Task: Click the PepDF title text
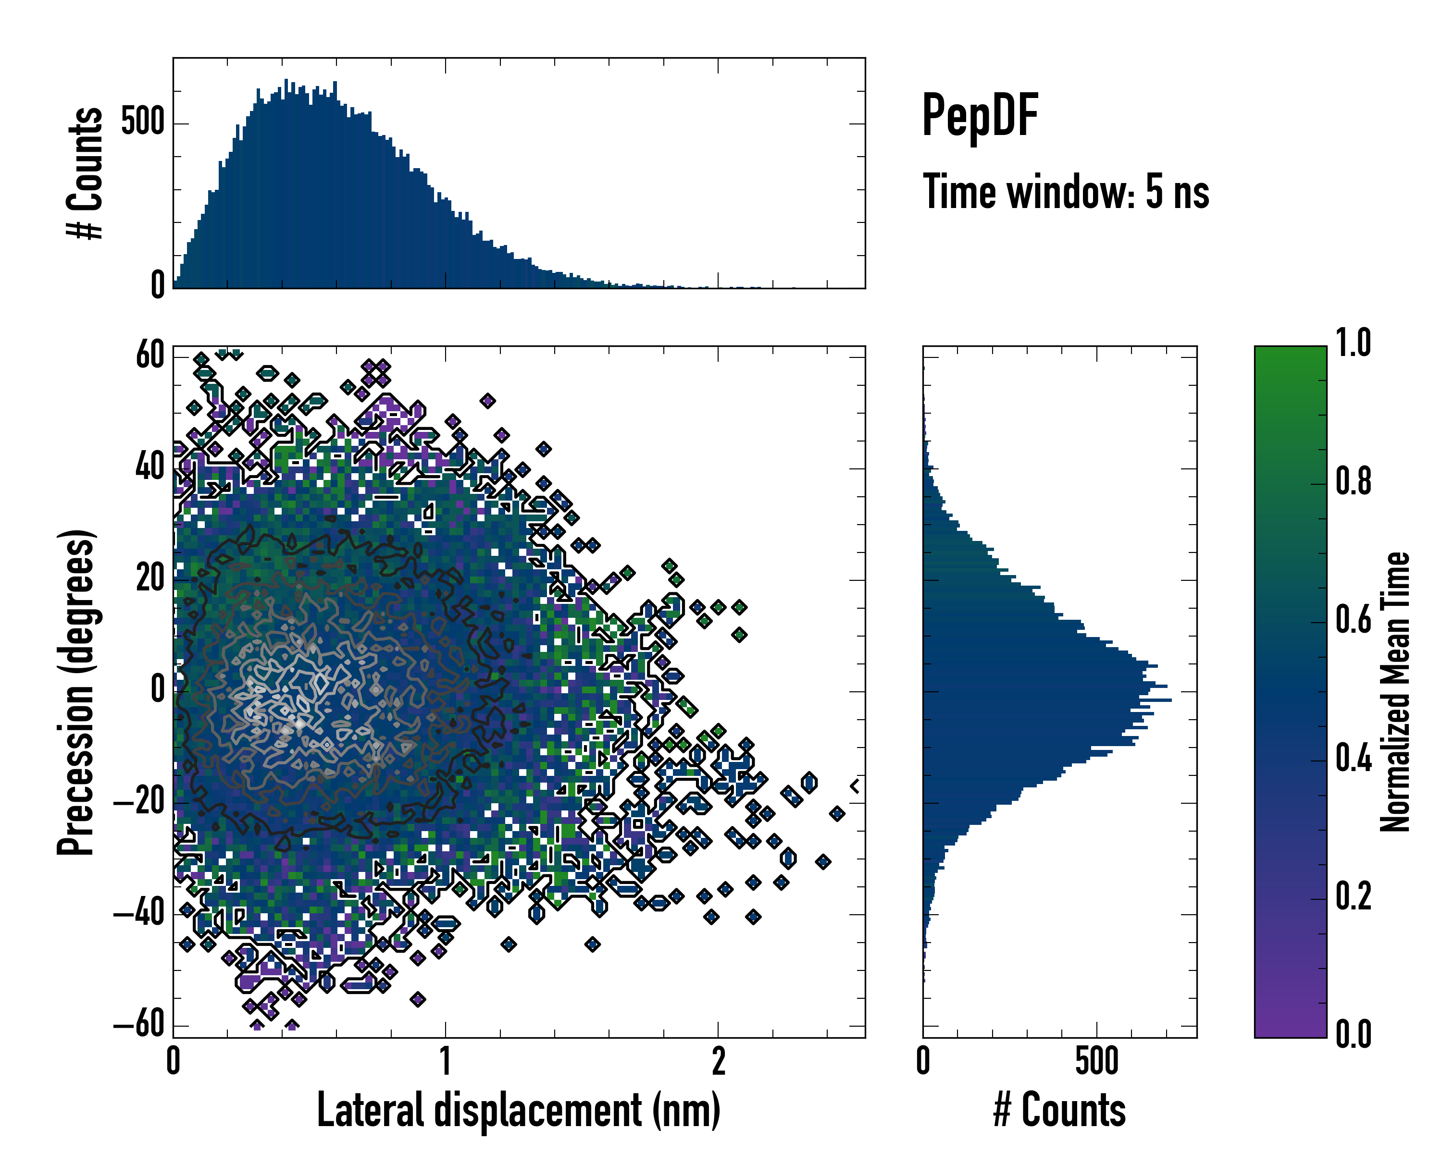pos(979,116)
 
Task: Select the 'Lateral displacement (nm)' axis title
pos(518,1110)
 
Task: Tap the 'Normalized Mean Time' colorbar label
pos(1395,692)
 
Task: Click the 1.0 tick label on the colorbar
pos(1353,343)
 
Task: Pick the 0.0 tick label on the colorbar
pos(1353,1033)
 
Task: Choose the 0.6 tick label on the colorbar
pos(1353,620)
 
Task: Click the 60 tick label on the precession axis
pos(150,355)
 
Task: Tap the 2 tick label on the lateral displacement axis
pos(718,1061)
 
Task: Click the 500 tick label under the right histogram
pos(1096,1061)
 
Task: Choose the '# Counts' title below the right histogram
pos(1059,1110)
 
